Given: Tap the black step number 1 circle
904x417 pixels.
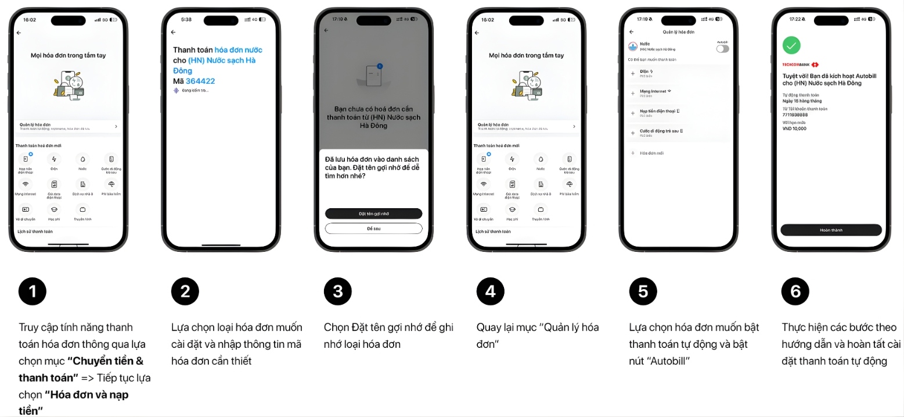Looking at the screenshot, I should [32, 291].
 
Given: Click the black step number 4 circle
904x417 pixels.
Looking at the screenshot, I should [490, 291].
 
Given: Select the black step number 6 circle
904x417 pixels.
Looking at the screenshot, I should [795, 291].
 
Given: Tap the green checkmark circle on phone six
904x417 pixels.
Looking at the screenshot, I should [791, 45].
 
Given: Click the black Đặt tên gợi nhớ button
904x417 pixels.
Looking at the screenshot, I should [373, 213].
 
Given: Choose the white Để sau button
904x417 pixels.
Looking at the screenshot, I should [373, 229].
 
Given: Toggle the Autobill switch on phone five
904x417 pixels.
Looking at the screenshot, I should [722, 49].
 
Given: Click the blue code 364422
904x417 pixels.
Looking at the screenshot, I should [200, 81].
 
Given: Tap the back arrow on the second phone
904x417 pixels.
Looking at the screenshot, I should [173, 33].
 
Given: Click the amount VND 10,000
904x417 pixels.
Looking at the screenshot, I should [794, 129].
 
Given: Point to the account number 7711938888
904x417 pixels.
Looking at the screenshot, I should [795, 115].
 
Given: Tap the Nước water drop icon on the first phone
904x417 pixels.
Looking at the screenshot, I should [82, 158].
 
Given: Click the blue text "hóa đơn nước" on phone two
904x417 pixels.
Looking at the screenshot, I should [238, 50].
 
